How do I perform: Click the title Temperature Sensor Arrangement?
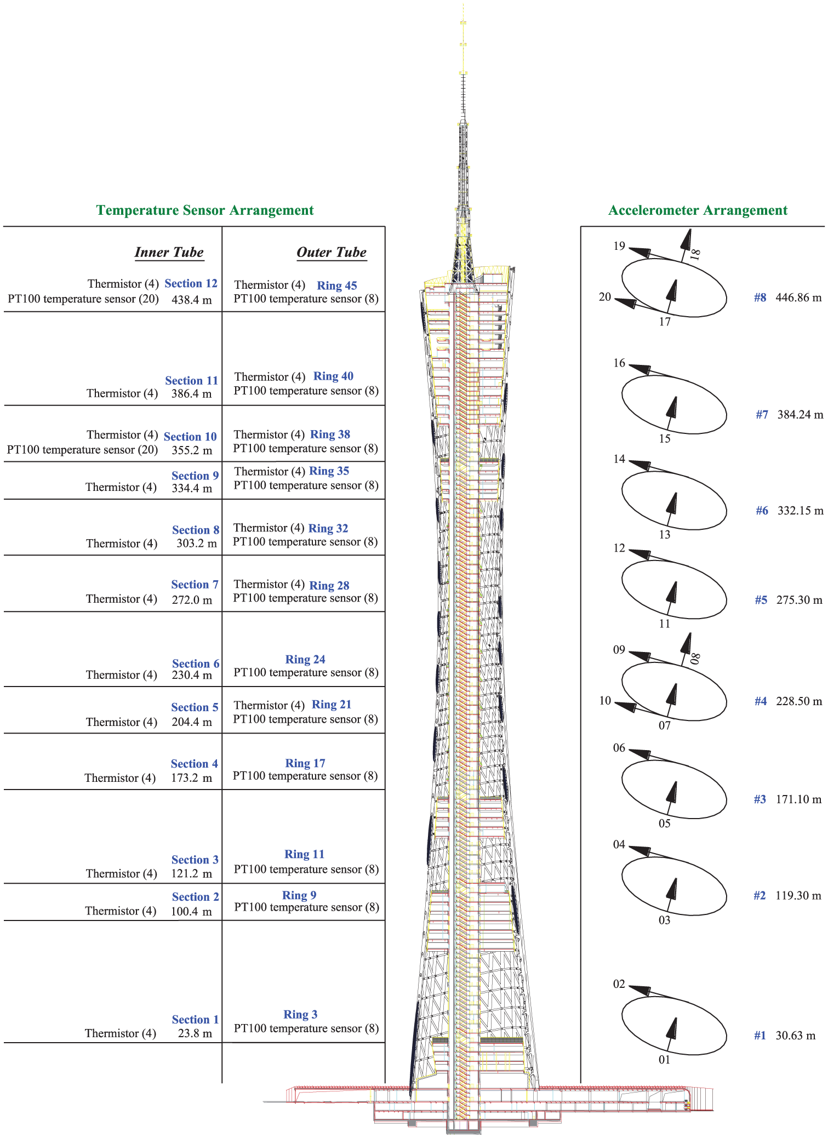pyautogui.click(x=205, y=210)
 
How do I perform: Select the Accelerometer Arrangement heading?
pyautogui.click(x=698, y=210)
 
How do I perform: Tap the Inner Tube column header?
pyautogui.click(x=169, y=252)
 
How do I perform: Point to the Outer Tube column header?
pyautogui.click(x=332, y=252)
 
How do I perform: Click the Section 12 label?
pyautogui.click(x=191, y=283)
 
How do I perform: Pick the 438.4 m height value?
pyautogui.click(x=192, y=300)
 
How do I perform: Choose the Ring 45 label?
pyautogui.click(x=337, y=285)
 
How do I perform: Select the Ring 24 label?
pyautogui.click(x=305, y=659)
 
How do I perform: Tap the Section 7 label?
pyautogui.click(x=195, y=585)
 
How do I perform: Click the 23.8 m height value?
pyautogui.click(x=195, y=1033)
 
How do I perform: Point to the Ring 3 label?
pyautogui.click(x=300, y=1014)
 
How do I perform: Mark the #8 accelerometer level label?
pyautogui.click(x=760, y=298)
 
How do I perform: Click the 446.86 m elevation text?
pyautogui.click(x=798, y=298)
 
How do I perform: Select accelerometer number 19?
pyautogui.click(x=619, y=246)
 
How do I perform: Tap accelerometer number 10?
pyautogui.click(x=605, y=701)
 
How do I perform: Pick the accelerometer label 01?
pyautogui.click(x=665, y=1060)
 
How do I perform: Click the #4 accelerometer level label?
pyautogui.click(x=761, y=701)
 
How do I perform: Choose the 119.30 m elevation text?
pyautogui.click(x=798, y=896)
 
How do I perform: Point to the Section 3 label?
pyautogui.click(x=195, y=860)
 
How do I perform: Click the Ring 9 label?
pyautogui.click(x=299, y=895)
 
